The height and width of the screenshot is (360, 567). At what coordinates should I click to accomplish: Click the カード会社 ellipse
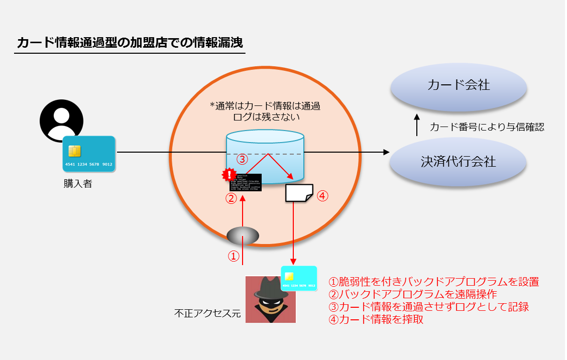click(x=459, y=85)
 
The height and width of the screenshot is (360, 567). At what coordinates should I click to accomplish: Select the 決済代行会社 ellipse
click(x=458, y=162)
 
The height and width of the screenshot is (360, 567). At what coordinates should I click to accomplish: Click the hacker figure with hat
click(x=270, y=299)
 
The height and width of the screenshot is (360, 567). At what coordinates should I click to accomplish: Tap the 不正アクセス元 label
click(x=207, y=314)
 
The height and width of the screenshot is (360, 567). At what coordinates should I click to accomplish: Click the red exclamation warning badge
click(x=230, y=175)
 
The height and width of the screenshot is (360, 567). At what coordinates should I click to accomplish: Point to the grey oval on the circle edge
click(x=243, y=235)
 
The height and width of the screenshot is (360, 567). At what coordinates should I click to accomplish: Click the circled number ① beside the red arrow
click(x=233, y=256)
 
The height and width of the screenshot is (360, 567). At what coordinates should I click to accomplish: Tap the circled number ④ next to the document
click(x=322, y=196)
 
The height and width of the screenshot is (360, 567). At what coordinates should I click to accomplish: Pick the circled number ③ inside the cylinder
click(x=242, y=160)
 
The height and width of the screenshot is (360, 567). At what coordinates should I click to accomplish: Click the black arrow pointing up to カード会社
click(x=417, y=126)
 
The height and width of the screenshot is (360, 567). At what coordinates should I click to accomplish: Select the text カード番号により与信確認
click(x=487, y=127)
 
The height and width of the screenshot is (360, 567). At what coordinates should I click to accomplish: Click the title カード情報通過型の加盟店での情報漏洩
click(x=130, y=43)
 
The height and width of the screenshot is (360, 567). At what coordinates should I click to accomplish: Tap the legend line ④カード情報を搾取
click(x=376, y=319)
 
